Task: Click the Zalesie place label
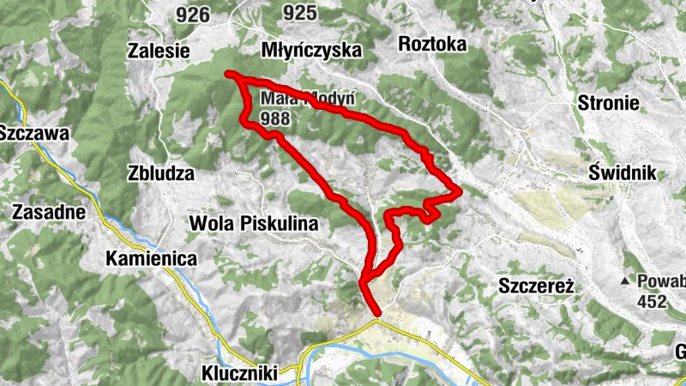tap(158, 50)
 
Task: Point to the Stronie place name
tap(609, 104)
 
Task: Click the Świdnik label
tap(623, 172)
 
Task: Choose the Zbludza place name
tap(160, 172)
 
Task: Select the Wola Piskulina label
tap(253, 224)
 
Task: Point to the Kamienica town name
tap(151, 257)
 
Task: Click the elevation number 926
tap(191, 14)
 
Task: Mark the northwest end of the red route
tap(229, 75)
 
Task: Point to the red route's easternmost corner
tap(460, 190)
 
